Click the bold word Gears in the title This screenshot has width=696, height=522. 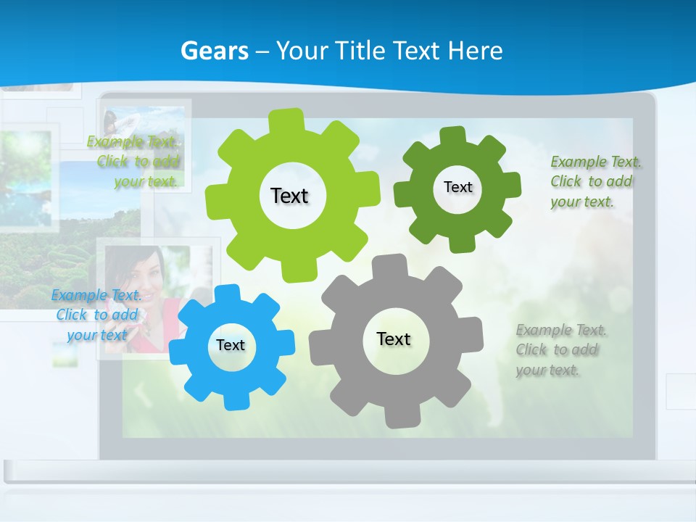(x=215, y=51)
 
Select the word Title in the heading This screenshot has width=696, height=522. (x=360, y=51)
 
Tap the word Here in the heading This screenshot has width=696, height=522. (x=475, y=51)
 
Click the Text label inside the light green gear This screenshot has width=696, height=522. (x=289, y=196)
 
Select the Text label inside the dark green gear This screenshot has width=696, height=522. (x=457, y=187)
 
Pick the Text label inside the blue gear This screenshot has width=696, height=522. (x=231, y=345)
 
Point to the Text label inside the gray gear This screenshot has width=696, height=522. (x=394, y=339)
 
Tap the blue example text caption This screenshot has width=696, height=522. (x=97, y=315)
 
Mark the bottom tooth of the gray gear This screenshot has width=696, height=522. (x=398, y=419)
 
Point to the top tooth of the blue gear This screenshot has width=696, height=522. (x=227, y=291)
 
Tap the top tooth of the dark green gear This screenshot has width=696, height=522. (x=453, y=134)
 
